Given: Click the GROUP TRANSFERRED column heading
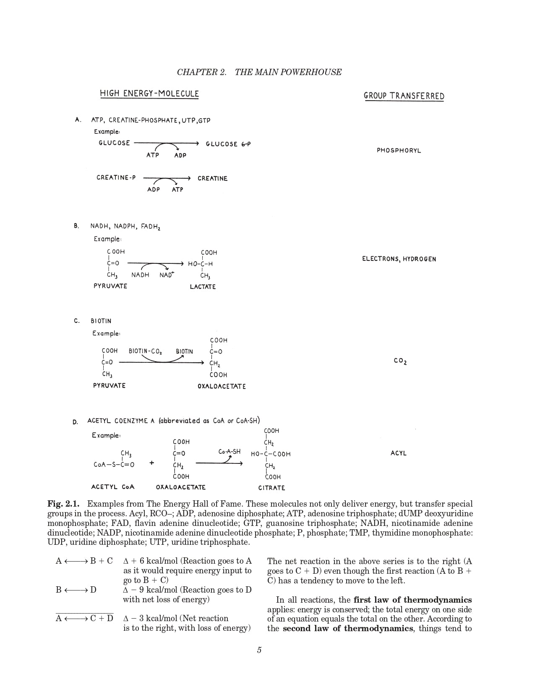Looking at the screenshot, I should (404, 96).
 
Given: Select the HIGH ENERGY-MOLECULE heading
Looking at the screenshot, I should (149, 94).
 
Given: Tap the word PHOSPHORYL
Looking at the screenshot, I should (399, 151).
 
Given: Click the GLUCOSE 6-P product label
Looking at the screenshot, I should (228, 144).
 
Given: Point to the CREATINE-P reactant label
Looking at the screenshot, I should (116, 178).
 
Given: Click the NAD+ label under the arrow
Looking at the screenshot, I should (167, 275).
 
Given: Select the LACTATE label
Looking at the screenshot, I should (203, 287).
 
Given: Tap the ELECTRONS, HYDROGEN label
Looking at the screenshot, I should (399, 259).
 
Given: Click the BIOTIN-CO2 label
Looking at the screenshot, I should (145, 351).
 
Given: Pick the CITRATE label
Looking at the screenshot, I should (271, 488).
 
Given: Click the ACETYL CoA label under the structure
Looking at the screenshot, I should (113, 487).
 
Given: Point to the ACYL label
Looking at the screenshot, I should (399, 453).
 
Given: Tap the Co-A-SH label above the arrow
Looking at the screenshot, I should (230, 452).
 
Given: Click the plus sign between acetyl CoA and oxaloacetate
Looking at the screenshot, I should (151, 463).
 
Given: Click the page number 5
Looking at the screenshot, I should (259, 650).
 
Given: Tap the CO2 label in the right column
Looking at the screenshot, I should (400, 361).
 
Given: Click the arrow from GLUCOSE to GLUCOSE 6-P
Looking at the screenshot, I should (166, 143).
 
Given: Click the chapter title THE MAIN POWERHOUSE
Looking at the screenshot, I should (288, 72).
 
